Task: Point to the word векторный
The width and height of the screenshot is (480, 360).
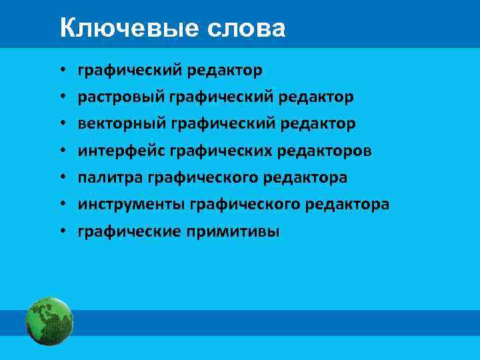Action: [x=121, y=124]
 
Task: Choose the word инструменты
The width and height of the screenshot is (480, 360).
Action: [x=131, y=205]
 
